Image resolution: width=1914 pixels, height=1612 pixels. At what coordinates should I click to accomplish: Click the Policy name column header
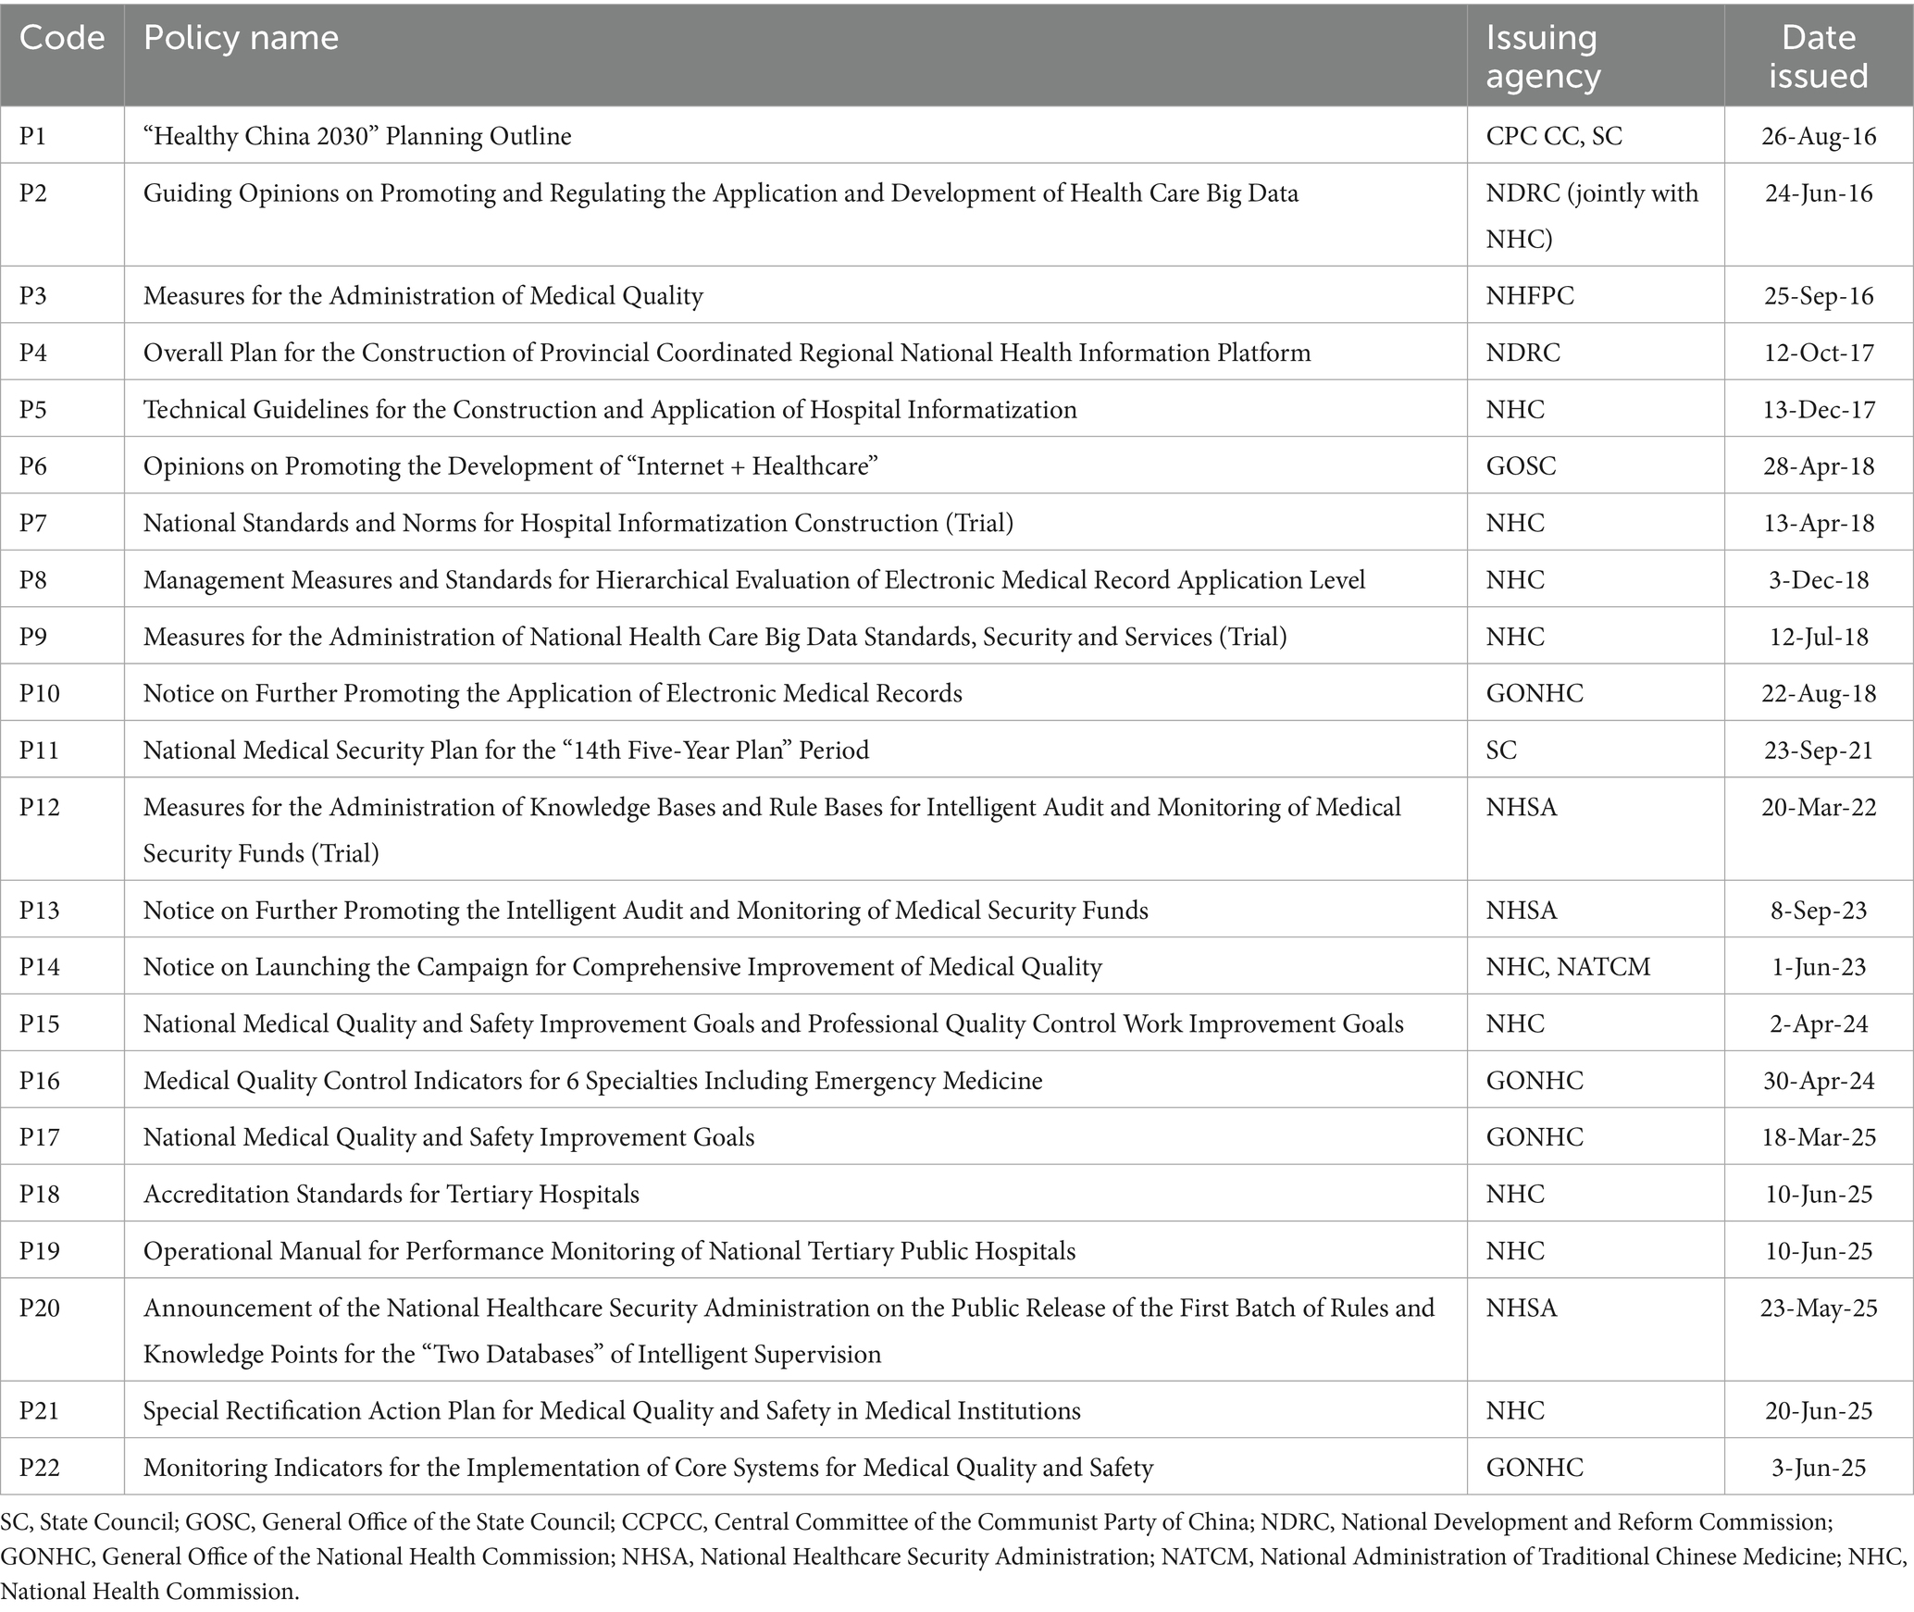(x=241, y=38)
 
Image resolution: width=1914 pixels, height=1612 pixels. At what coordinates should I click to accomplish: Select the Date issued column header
(x=1818, y=56)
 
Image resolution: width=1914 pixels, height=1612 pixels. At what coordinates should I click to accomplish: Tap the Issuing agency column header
(x=1542, y=56)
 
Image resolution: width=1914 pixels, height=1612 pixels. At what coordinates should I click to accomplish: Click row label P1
(x=32, y=136)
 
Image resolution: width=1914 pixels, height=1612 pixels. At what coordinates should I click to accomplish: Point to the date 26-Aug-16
(x=1819, y=136)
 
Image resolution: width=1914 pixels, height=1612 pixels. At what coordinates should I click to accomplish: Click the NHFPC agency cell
(x=1529, y=295)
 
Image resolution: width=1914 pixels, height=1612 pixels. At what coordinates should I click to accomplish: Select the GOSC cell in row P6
(x=1521, y=465)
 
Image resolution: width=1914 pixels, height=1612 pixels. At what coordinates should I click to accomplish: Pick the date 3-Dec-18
(x=1819, y=579)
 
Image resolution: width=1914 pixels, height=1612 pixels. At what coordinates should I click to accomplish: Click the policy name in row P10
(x=553, y=693)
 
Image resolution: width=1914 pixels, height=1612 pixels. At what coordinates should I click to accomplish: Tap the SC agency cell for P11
(x=1501, y=750)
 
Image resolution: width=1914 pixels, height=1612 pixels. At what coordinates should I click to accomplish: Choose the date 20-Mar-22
(x=1819, y=807)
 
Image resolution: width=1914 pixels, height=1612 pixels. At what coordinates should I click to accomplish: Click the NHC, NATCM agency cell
(x=1568, y=967)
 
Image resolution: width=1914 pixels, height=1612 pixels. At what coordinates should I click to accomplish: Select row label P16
(x=39, y=1080)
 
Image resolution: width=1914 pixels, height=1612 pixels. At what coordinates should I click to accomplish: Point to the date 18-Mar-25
(x=1819, y=1137)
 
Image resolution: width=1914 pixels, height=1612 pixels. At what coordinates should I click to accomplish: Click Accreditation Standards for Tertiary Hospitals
(x=391, y=1194)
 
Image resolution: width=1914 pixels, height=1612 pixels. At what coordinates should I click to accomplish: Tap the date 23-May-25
(x=1819, y=1308)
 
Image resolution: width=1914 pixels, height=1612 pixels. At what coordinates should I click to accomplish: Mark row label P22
(x=39, y=1468)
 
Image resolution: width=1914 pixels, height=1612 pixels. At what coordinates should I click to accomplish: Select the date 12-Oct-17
(x=1819, y=353)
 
